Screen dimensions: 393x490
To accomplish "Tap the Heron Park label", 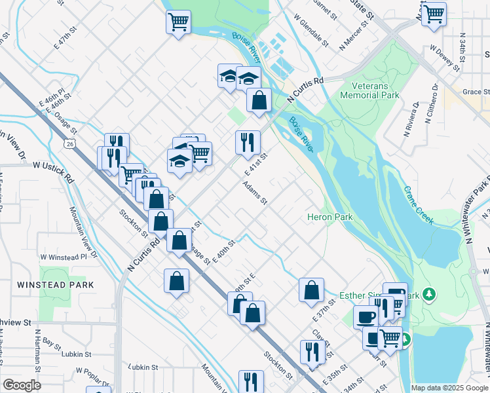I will pos(330,217).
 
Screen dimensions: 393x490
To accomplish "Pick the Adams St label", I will pos(255,193).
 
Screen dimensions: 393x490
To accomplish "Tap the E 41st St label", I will pos(257,164).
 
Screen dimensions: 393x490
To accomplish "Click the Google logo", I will pos(22,385).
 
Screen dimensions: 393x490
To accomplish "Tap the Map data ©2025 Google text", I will pos(449,388).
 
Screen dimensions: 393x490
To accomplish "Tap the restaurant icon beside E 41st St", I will pos(248,141).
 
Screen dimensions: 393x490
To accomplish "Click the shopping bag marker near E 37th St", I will pos(312,289).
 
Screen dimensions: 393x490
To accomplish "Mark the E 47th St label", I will pos(72,41).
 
